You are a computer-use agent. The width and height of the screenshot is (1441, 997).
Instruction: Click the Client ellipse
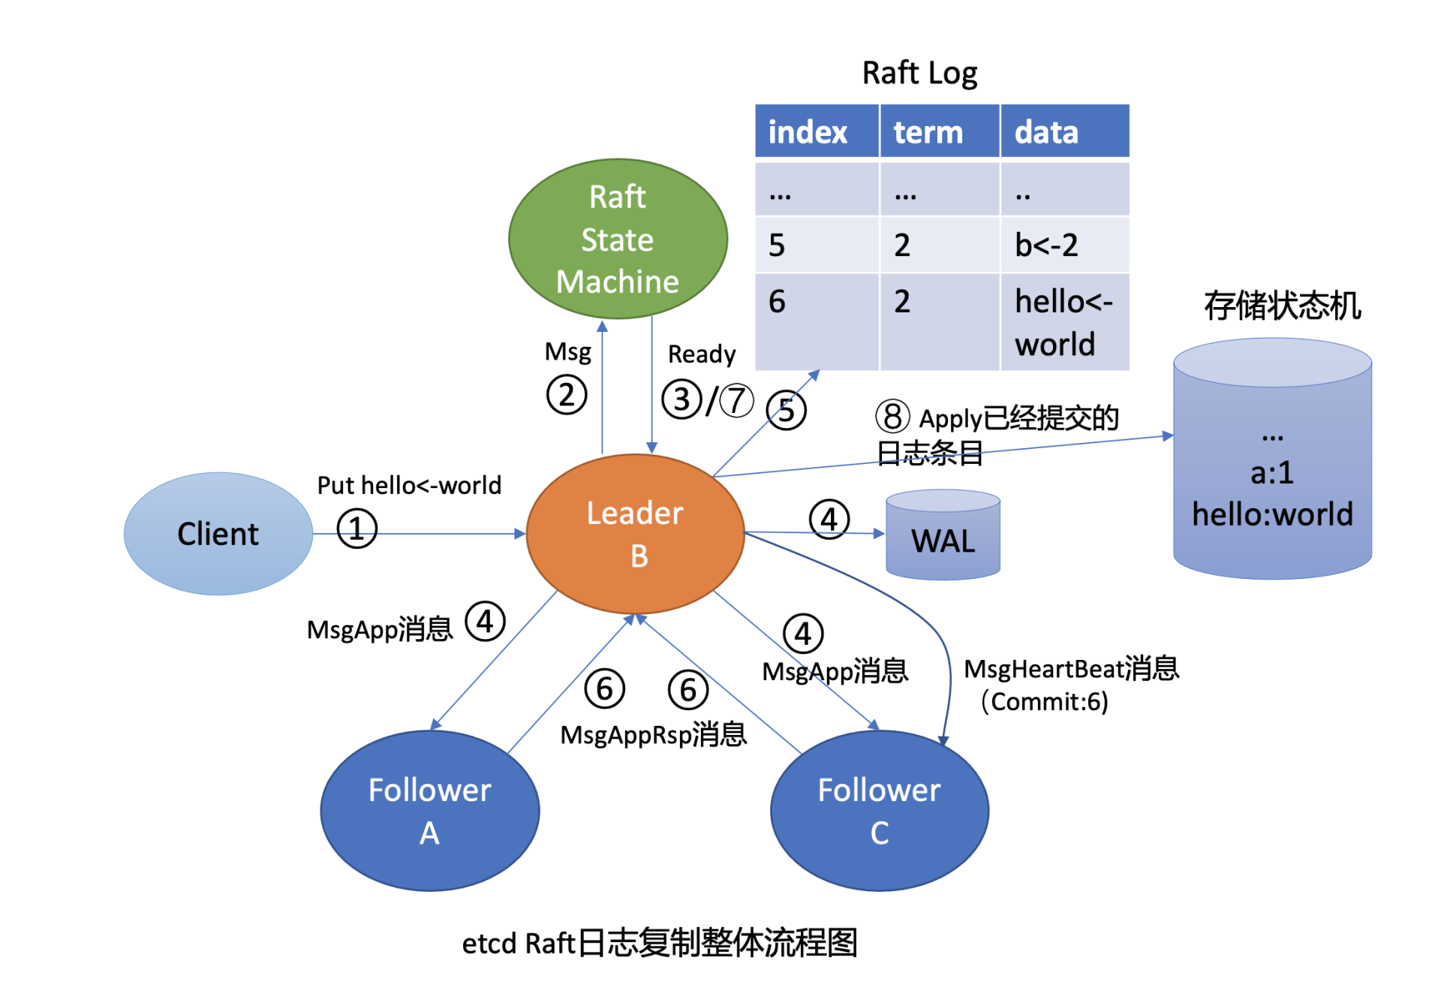coord(218,534)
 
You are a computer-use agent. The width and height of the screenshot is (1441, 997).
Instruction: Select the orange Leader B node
coord(635,534)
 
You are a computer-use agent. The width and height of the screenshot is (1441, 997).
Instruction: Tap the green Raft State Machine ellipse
coord(618,239)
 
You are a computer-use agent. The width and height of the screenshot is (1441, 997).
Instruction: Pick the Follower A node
coord(429,811)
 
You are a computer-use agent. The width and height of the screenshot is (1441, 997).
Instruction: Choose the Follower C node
coord(879,811)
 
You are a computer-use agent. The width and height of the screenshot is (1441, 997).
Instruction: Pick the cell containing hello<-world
coord(1063,322)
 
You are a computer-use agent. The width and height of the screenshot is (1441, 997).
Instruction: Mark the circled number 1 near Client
coord(356,529)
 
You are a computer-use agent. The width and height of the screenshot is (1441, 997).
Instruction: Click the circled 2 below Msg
coord(566,395)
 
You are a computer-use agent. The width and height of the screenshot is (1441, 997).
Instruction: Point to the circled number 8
coord(892,417)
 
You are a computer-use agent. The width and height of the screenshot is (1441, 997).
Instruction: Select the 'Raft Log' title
coord(919,74)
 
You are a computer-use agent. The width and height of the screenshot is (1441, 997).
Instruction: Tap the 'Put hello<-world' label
coord(409,486)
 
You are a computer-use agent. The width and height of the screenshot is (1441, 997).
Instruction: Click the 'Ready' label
coord(702,354)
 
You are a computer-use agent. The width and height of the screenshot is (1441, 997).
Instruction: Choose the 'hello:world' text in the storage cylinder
coord(1272,515)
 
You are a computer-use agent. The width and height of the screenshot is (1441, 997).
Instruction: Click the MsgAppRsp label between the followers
coord(654,734)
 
